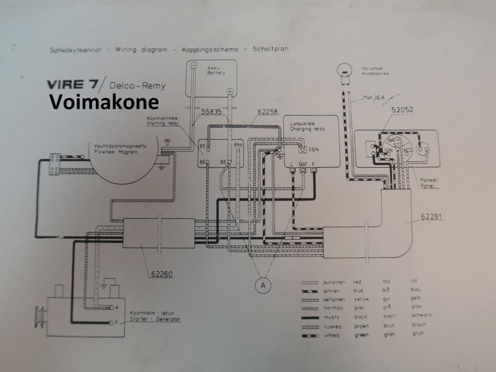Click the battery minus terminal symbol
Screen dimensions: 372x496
(194, 65)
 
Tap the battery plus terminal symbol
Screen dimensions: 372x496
(230, 92)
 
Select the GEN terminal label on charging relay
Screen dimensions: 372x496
(313, 149)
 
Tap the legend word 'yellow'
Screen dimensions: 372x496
(362, 299)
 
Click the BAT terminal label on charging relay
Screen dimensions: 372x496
(304, 163)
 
